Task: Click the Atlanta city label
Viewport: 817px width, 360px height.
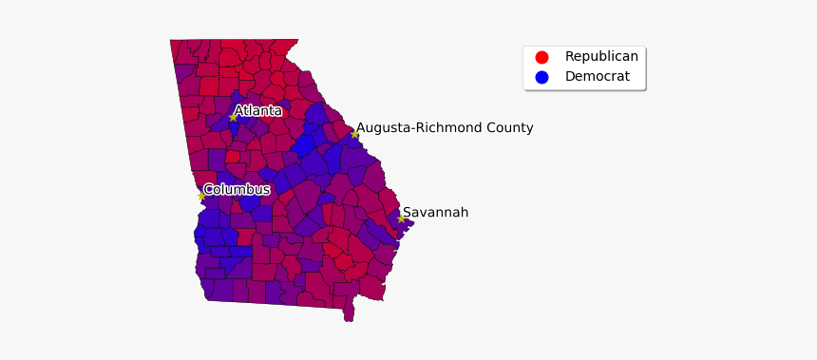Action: pyautogui.click(x=257, y=111)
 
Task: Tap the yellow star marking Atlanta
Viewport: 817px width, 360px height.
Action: pyautogui.click(x=233, y=118)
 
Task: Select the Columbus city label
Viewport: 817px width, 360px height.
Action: pyautogui.click(x=237, y=190)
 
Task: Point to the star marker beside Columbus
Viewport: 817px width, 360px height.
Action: pyautogui.click(x=201, y=197)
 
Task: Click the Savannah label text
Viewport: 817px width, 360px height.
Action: pyautogui.click(x=435, y=213)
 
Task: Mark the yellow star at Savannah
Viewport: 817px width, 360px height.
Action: pyautogui.click(x=401, y=218)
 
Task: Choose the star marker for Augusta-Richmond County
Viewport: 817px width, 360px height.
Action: pyautogui.click(x=355, y=134)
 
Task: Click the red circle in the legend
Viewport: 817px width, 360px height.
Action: pyautogui.click(x=541, y=57)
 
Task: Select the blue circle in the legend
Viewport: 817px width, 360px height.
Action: pyautogui.click(x=541, y=77)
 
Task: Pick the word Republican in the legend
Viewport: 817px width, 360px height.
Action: pyautogui.click(x=601, y=57)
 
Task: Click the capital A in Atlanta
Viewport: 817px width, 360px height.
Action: pyautogui.click(x=238, y=111)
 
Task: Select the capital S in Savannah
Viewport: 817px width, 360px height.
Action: pyautogui.click(x=408, y=213)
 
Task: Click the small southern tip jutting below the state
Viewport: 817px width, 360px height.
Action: pyautogui.click(x=349, y=313)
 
